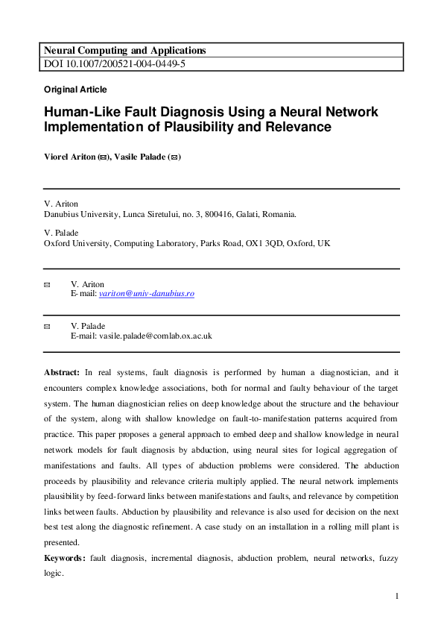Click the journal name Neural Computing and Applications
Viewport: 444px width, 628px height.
point(125,51)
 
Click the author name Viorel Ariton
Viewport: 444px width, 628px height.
point(70,157)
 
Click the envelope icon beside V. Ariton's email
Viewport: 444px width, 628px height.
point(48,284)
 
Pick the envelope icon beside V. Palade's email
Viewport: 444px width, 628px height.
point(48,326)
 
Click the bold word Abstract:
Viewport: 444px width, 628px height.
point(63,371)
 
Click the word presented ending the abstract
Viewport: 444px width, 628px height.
point(62,542)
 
